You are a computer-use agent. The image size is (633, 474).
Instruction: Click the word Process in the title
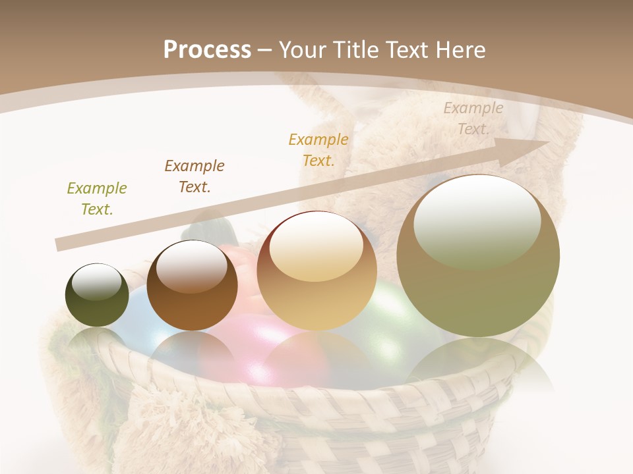click(207, 49)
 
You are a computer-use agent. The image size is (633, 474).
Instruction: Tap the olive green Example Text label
click(97, 199)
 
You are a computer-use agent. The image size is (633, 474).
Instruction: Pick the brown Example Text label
click(195, 176)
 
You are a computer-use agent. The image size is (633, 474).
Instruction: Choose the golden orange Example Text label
click(318, 149)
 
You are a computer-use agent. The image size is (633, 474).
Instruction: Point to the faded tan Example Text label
click(473, 118)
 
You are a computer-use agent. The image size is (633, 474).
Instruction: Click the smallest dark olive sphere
click(97, 295)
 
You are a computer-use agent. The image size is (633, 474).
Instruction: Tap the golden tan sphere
click(317, 271)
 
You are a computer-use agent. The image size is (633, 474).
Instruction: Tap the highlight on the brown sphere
click(192, 267)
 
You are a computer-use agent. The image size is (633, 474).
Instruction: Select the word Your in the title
click(301, 49)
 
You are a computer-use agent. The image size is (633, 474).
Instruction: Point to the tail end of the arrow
click(59, 245)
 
